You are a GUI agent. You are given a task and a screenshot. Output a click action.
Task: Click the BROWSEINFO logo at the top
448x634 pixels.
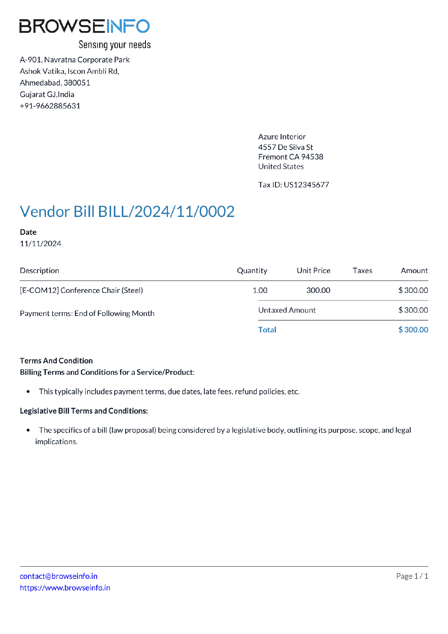[x=85, y=26]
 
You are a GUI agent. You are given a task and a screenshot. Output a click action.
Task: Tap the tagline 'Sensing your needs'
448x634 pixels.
[x=115, y=45]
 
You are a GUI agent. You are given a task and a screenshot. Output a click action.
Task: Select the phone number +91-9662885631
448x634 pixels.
[x=50, y=106]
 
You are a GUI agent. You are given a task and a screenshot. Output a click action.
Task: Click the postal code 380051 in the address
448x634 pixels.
[x=77, y=83]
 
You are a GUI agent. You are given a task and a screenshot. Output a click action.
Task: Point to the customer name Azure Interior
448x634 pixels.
[x=282, y=137]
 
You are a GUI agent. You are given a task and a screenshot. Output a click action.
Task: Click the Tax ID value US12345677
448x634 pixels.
[x=306, y=185]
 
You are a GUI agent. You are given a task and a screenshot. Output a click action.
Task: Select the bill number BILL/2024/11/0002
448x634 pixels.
[x=166, y=212]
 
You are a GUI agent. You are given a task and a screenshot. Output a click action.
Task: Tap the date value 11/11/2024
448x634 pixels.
[x=41, y=244]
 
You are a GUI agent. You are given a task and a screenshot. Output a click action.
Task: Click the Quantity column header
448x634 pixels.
[x=252, y=271]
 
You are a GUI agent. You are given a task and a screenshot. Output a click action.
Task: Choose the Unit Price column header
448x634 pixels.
[x=313, y=271]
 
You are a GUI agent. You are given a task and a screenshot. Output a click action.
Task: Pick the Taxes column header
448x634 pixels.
[x=362, y=271]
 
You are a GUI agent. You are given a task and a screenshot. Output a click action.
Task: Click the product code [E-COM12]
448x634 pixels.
[x=39, y=291]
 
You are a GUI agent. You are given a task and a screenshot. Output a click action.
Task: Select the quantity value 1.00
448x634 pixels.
[x=260, y=291]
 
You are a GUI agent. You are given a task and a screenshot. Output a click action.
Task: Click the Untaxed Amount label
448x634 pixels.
[x=287, y=310]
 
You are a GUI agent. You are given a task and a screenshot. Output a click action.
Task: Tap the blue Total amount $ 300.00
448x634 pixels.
[x=413, y=330]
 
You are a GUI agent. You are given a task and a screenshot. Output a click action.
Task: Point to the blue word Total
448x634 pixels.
[x=267, y=330]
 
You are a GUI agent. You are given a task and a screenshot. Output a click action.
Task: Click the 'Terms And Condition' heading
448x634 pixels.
[x=56, y=361]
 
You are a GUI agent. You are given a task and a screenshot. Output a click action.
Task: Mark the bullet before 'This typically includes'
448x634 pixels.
[x=28, y=392]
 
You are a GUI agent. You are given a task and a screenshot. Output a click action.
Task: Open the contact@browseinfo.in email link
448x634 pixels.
[x=58, y=576]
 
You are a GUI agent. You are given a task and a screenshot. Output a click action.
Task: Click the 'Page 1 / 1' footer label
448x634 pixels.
[x=412, y=576]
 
